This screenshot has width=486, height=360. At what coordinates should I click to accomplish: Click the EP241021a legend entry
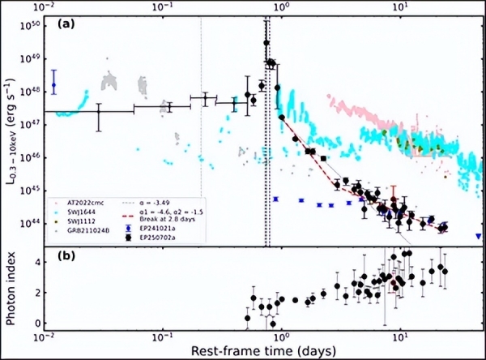pyautogui.click(x=156, y=229)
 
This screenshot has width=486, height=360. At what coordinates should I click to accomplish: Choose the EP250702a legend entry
pyautogui.click(x=156, y=238)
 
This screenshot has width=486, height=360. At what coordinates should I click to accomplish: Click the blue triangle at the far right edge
pyautogui.click(x=478, y=236)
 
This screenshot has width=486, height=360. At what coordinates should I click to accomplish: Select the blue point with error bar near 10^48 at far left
pyautogui.click(x=53, y=84)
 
